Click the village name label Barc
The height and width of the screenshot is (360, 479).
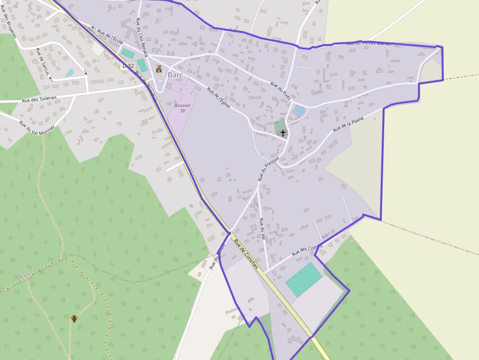coord(175,75)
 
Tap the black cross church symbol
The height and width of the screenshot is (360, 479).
coord(283,133)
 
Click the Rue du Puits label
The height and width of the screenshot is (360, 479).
coord(281,91)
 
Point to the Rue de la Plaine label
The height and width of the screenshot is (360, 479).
coord(348,124)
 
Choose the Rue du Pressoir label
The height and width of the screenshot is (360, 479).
coord(268,169)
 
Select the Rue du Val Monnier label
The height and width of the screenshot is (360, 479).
coord(37,127)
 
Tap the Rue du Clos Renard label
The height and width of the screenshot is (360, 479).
coord(142,37)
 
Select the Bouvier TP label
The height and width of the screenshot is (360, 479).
coord(182,108)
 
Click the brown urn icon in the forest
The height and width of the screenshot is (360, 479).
coord(74,318)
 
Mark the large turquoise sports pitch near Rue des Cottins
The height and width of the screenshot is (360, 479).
coord(304,279)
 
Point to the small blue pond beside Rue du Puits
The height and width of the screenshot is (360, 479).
coord(299,111)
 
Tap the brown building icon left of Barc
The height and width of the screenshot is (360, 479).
coord(158,69)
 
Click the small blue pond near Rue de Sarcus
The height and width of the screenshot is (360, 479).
coord(69,73)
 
